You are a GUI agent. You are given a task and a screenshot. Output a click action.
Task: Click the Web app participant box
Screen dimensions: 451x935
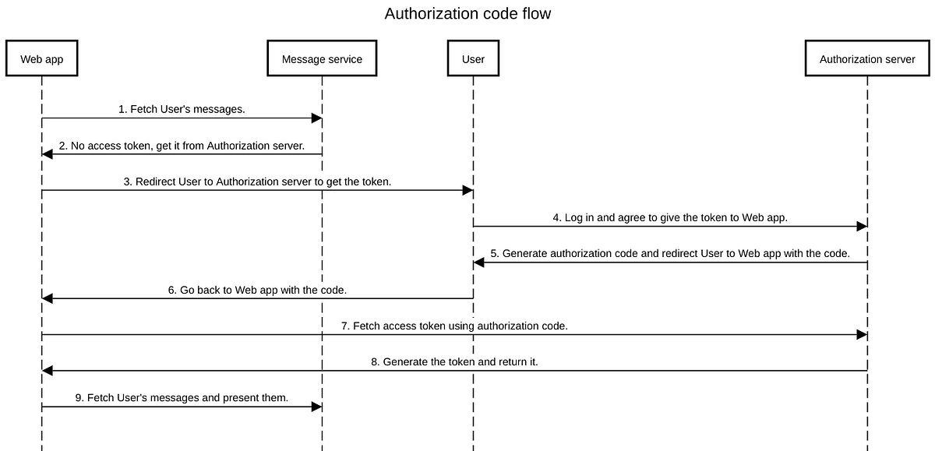tap(42, 59)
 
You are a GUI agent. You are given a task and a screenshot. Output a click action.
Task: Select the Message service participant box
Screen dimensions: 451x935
tap(322, 59)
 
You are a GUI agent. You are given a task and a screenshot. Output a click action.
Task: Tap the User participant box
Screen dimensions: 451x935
tap(473, 59)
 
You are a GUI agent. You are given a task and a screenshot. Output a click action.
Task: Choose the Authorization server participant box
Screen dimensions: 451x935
tap(867, 59)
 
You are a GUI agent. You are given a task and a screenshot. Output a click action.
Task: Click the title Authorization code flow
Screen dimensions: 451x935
tap(467, 14)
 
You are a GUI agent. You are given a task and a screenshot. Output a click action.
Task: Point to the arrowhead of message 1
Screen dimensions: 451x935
tap(317, 118)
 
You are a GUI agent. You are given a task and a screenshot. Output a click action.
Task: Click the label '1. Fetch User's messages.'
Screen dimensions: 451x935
tap(182, 110)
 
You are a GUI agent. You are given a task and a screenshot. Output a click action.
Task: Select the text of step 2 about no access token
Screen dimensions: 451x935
tap(182, 146)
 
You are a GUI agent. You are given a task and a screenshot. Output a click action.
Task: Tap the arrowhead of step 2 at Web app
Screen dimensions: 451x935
tap(48, 154)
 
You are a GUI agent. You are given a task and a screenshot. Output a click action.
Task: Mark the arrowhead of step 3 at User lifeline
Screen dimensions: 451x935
tap(468, 190)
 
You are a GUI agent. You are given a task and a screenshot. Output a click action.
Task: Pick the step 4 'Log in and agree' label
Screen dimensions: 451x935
tap(670, 218)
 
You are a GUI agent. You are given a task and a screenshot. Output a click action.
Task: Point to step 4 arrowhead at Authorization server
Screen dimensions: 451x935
tap(862, 227)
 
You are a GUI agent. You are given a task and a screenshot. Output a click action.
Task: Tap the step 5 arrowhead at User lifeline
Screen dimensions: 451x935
tap(479, 262)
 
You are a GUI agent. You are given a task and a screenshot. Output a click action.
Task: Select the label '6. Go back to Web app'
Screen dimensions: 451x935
tap(257, 290)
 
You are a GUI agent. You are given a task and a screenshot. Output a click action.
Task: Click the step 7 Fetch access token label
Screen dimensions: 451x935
tap(454, 326)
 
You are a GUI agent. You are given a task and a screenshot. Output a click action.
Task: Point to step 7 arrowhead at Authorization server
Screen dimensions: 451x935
tap(862, 334)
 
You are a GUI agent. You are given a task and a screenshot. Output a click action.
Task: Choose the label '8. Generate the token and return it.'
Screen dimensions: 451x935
tap(454, 362)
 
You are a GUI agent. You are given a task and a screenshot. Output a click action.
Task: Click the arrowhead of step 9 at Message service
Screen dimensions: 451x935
tap(317, 407)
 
